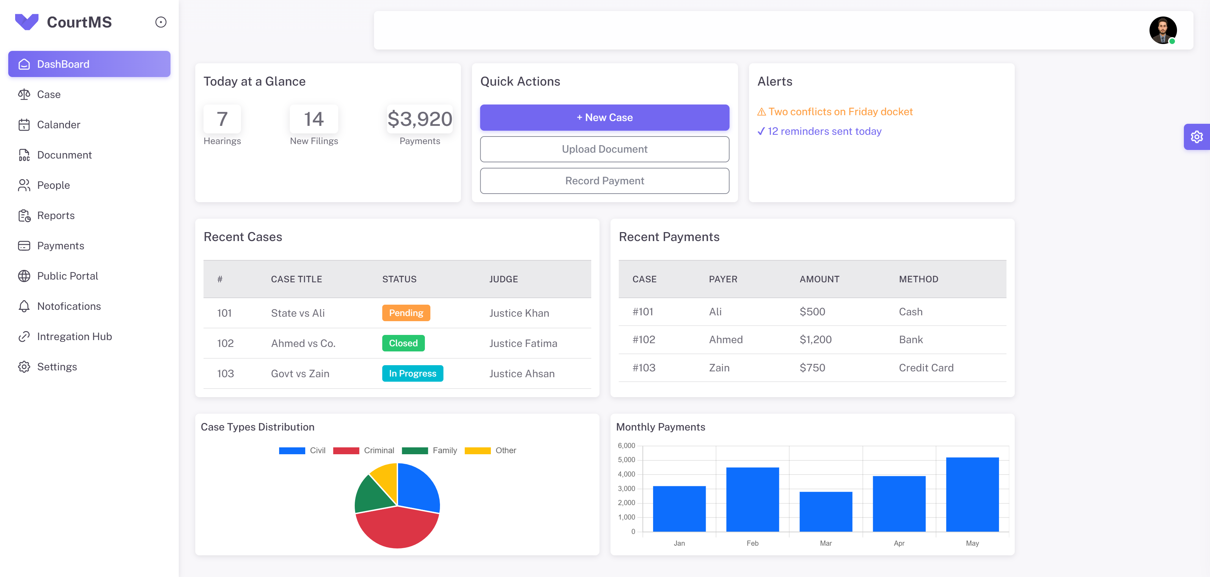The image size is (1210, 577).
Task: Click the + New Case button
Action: (605, 118)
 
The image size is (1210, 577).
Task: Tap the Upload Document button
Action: (605, 149)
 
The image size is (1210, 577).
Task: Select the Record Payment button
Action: (605, 181)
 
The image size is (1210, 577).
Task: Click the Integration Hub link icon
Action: (24, 336)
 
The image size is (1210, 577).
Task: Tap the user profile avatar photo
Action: (1163, 30)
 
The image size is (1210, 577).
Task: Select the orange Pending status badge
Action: (406, 313)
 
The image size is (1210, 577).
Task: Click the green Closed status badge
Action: (403, 343)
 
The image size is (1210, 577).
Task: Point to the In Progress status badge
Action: (412, 373)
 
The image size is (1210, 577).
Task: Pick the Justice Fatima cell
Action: (523, 344)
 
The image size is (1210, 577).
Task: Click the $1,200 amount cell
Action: (815, 340)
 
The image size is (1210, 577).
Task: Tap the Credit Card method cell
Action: (926, 368)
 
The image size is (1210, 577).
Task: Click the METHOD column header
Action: (918, 279)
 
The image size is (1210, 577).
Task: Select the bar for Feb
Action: (752, 500)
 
